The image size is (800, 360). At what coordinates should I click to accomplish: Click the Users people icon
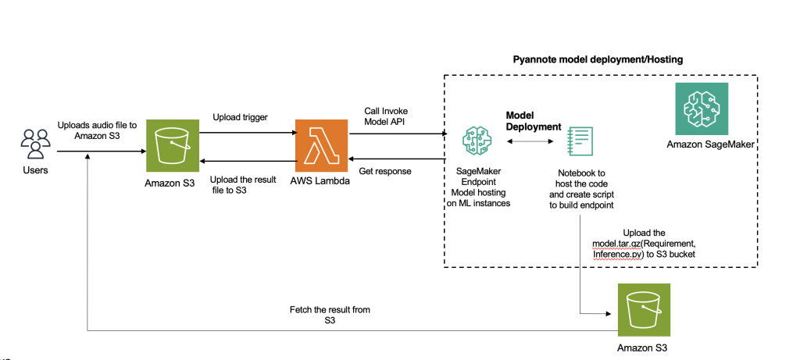point(34,144)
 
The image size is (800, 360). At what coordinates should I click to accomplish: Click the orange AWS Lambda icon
point(320,145)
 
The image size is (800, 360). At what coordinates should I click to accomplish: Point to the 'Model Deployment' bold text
point(534,120)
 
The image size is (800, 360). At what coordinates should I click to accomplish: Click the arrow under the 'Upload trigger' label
point(245,134)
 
